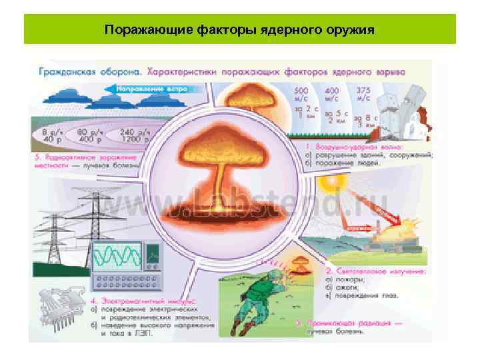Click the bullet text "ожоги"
click(x=346, y=287)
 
